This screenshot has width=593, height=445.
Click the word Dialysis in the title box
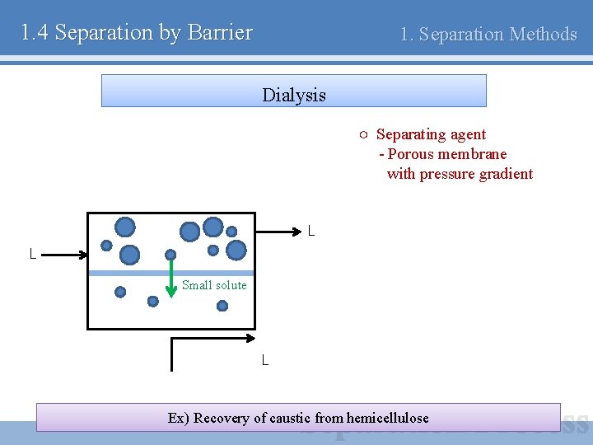tap(294, 95)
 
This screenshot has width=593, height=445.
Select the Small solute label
tap(214, 285)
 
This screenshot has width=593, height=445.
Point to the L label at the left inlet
tap(33, 255)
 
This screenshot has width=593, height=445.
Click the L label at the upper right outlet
tap(311, 232)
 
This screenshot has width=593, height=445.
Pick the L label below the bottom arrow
tap(265, 360)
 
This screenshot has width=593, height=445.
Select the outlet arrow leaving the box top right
tap(276, 232)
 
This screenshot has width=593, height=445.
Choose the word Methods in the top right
tap(544, 35)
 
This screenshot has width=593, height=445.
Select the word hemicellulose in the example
tap(388, 418)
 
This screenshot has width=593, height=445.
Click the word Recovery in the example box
tap(222, 418)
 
